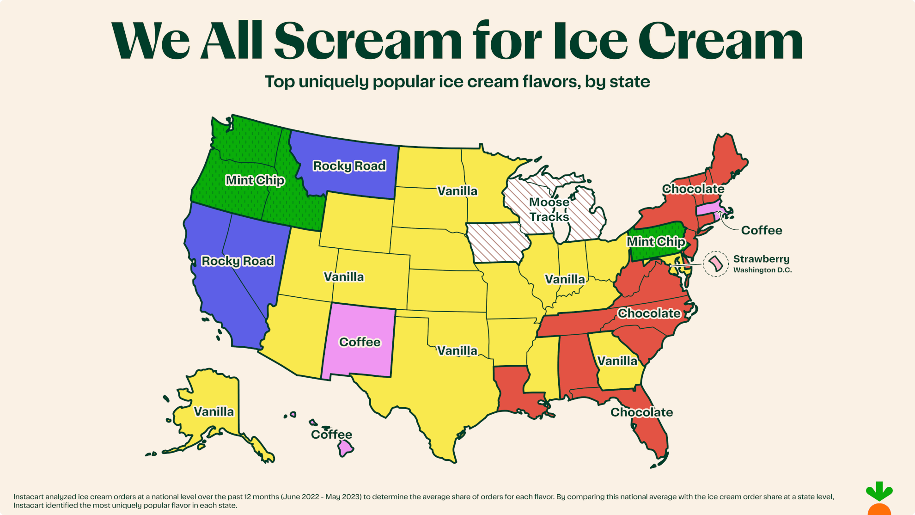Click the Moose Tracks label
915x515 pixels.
549,209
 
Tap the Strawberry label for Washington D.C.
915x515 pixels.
761,259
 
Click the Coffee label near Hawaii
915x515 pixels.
331,435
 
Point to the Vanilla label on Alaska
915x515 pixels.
213,411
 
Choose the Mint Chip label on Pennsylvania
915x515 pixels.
656,242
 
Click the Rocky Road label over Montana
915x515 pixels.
349,166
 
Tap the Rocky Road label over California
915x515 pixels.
238,261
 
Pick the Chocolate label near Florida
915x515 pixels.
641,412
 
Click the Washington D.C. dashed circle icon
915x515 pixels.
716,264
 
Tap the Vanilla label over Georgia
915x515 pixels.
617,361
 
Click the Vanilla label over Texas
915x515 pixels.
457,351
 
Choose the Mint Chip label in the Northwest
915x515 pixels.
255,180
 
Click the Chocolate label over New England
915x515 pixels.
693,189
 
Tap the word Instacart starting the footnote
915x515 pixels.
28,497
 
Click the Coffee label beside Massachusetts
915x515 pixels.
762,230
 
